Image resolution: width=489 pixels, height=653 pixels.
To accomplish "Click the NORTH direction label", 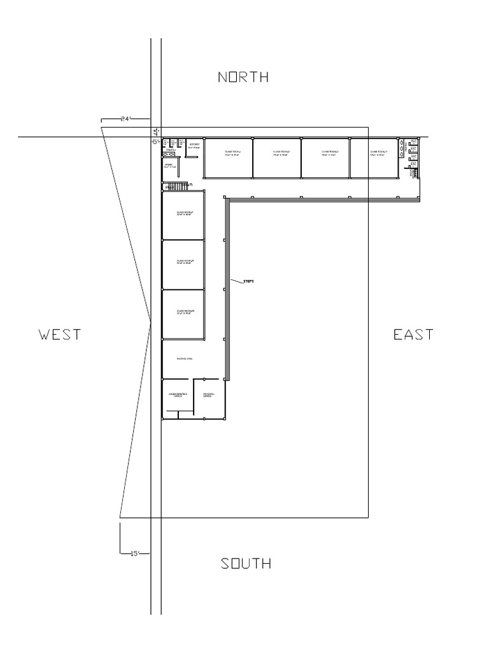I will tap(243, 77).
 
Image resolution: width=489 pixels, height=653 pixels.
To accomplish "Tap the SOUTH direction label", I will tap(246, 564).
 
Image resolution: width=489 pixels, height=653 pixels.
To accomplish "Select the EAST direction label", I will tap(413, 334).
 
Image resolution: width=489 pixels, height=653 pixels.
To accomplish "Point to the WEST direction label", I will tap(59, 334).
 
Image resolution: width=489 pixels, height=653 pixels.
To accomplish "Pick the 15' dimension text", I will tap(134, 554).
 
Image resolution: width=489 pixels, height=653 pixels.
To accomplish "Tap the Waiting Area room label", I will tap(183, 360).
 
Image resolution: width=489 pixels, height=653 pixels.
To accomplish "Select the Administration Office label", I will tap(178, 396).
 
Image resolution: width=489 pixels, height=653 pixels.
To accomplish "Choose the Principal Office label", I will tap(209, 395).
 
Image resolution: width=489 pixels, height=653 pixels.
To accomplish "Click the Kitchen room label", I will tap(194, 146).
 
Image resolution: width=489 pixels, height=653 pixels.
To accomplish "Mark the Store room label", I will tap(169, 166).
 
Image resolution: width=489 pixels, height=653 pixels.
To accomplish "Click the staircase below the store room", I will tap(176, 186).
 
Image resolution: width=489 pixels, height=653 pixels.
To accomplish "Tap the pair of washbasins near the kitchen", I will tap(169, 154).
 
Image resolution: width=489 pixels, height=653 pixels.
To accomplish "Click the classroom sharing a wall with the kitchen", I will tap(228, 158).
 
